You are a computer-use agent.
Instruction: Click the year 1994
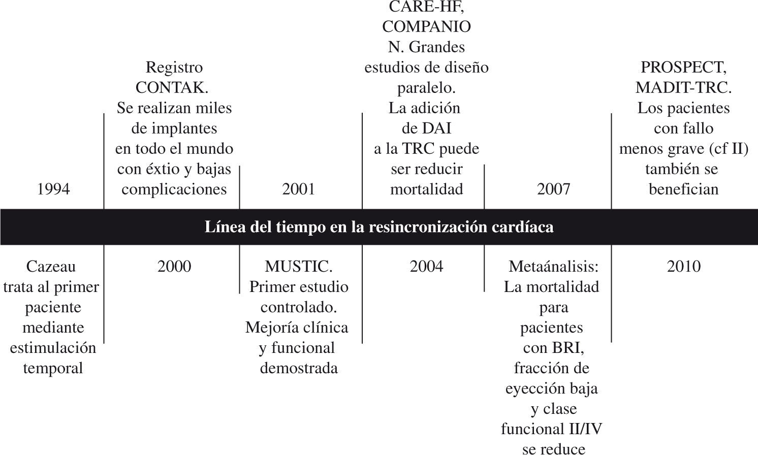click(53, 189)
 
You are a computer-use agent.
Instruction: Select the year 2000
click(174, 267)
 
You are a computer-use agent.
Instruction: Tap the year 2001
click(299, 189)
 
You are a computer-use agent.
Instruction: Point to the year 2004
click(426, 267)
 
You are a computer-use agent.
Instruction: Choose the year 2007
click(553, 189)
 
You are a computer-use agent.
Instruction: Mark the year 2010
click(683, 267)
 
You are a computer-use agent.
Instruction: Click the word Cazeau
click(51, 267)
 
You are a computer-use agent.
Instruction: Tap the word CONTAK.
click(172, 88)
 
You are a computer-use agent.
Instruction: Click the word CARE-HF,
click(426, 7)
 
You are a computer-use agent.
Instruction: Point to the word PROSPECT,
click(683, 68)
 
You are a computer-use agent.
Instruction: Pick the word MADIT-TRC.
click(683, 88)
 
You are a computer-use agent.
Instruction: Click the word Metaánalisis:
click(554, 267)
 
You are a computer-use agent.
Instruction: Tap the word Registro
click(174, 68)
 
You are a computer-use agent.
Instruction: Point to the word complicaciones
click(174, 189)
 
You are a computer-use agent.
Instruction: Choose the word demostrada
click(299, 368)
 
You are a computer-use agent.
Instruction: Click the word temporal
click(53, 368)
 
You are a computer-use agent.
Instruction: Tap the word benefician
click(683, 189)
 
